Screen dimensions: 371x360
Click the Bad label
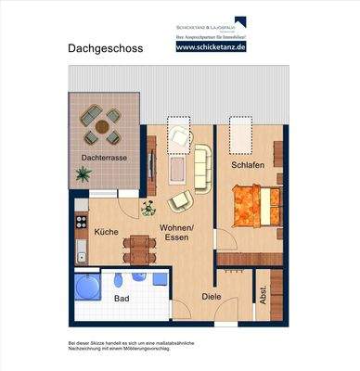pos(122,299)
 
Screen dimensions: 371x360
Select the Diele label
pos(212,298)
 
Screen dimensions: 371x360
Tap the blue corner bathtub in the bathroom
pos(88,287)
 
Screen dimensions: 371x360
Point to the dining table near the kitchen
pos(139,247)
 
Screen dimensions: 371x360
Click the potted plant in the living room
pos(147,209)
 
